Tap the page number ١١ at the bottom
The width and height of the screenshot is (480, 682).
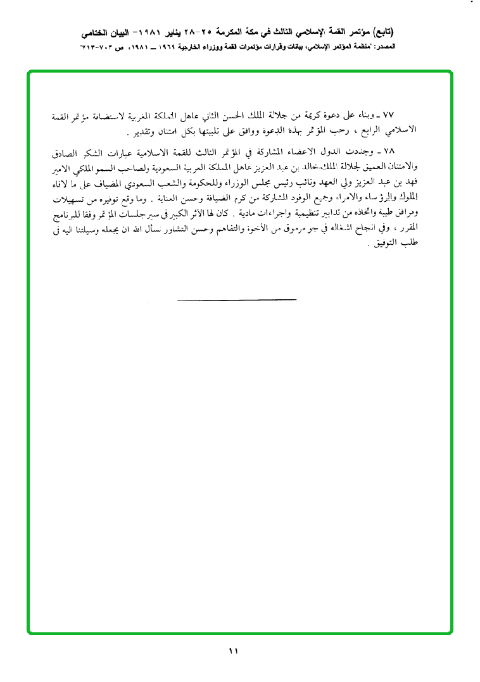[x=232, y=650]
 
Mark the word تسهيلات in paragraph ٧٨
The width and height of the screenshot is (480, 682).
[x=68, y=198]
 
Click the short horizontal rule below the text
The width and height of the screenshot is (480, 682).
[x=237, y=298]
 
